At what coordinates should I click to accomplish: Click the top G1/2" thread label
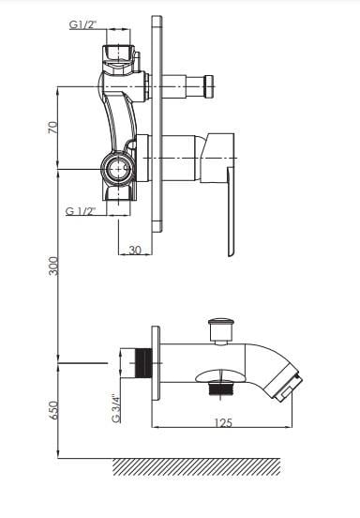(x=82, y=24)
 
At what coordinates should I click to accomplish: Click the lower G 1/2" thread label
(x=81, y=211)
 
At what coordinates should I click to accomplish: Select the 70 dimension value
(x=52, y=128)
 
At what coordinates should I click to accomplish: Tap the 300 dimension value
(x=53, y=266)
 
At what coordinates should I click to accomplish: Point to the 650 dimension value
(x=53, y=410)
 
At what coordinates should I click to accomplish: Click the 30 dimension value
(x=135, y=250)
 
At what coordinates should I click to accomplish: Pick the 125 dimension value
(x=223, y=422)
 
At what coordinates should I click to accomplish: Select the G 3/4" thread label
(x=116, y=408)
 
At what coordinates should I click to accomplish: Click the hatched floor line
(x=197, y=466)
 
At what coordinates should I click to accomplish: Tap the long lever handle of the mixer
(x=231, y=211)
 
